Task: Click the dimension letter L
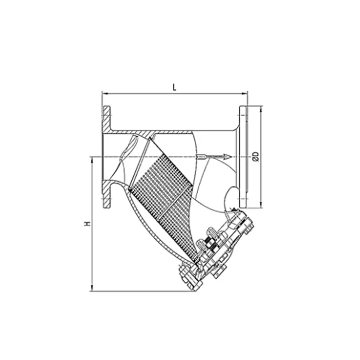click(x=175, y=87)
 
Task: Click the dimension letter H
click(x=87, y=224)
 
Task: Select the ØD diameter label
click(x=256, y=156)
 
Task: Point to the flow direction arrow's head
click(x=228, y=157)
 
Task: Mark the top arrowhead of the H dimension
click(x=92, y=160)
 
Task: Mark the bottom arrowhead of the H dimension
click(x=92, y=288)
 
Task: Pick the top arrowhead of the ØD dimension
click(x=261, y=109)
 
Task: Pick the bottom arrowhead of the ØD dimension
click(x=261, y=205)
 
